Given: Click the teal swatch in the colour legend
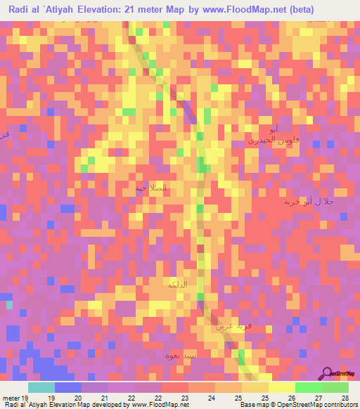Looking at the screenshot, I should coord(41,387).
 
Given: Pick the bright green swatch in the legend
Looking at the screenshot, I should coord(309,387).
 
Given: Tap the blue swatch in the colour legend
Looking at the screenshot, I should coord(68,387).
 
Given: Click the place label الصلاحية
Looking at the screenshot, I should coord(152,188).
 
